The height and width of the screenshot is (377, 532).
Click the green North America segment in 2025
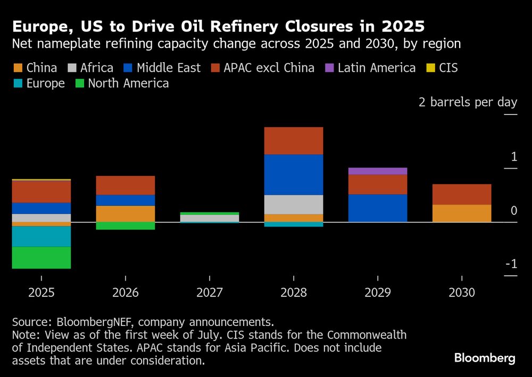pyautogui.click(x=41, y=258)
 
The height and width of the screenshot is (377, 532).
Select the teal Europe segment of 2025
pyautogui.click(x=41, y=237)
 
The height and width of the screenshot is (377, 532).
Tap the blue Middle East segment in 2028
pyautogui.click(x=294, y=174)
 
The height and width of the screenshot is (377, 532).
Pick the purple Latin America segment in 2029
pyautogui.click(x=378, y=171)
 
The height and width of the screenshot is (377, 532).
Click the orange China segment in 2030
pyautogui.click(x=462, y=213)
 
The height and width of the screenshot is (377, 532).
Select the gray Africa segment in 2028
pyautogui.click(x=294, y=205)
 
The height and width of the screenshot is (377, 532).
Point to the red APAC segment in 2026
pyautogui.click(x=126, y=185)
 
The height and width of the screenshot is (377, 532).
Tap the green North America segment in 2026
pyautogui.click(x=126, y=226)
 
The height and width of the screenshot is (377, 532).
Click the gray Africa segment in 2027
pyautogui.click(x=210, y=218)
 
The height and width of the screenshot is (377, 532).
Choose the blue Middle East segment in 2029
pyautogui.click(x=378, y=208)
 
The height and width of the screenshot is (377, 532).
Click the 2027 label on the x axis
pyautogui.click(x=210, y=292)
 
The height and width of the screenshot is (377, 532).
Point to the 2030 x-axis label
pyautogui.click(x=462, y=292)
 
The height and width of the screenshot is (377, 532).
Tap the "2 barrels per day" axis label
pyautogui.click(x=468, y=102)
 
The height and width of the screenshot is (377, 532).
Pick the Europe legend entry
pyautogui.click(x=39, y=83)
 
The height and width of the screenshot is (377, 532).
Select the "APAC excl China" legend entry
pyautogui.click(x=263, y=68)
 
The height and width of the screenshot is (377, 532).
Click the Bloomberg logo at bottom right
pyautogui.click(x=485, y=358)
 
